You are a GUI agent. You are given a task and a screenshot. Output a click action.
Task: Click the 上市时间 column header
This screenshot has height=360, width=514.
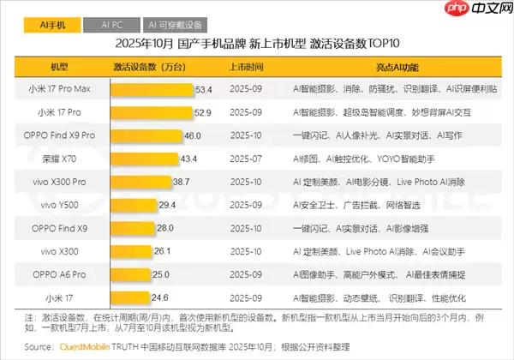coord(247,66)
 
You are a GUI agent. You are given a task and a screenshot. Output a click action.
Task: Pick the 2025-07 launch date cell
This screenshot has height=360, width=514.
coord(247,159)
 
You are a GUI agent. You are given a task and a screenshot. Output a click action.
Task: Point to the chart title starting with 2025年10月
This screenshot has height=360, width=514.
coord(257,43)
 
